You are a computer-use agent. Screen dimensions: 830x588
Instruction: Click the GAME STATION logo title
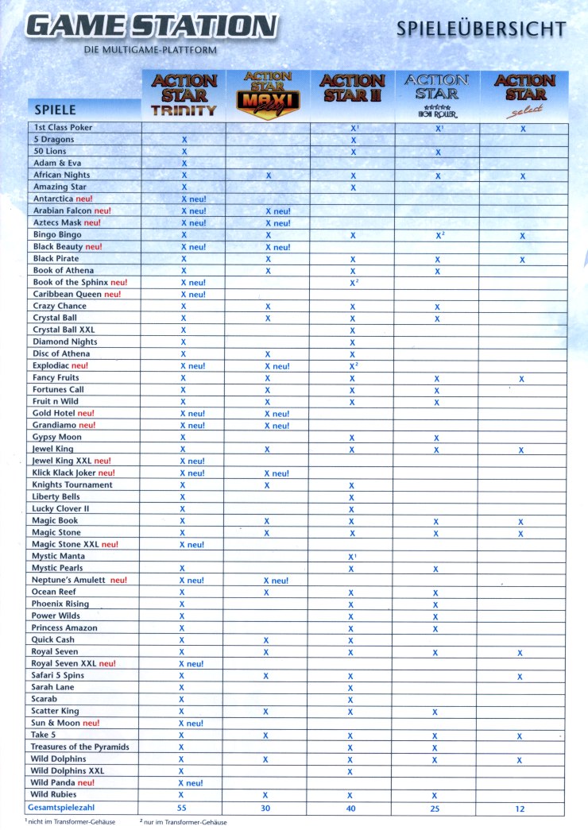pos(152,25)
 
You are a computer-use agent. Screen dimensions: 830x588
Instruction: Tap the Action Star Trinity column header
pos(184,95)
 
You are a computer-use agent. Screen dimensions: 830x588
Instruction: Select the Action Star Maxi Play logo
pos(268,93)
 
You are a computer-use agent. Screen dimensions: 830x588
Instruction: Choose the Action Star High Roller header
pos(437,95)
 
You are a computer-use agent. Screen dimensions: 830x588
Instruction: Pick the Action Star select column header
pos(524,95)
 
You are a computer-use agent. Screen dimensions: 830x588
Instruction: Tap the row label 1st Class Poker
pos(63,127)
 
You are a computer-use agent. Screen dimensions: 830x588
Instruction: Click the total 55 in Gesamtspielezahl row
pos(183,807)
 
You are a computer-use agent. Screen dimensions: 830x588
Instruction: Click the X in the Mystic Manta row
pos(351,556)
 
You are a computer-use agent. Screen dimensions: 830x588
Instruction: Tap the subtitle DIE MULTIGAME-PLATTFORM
pos(150,50)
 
